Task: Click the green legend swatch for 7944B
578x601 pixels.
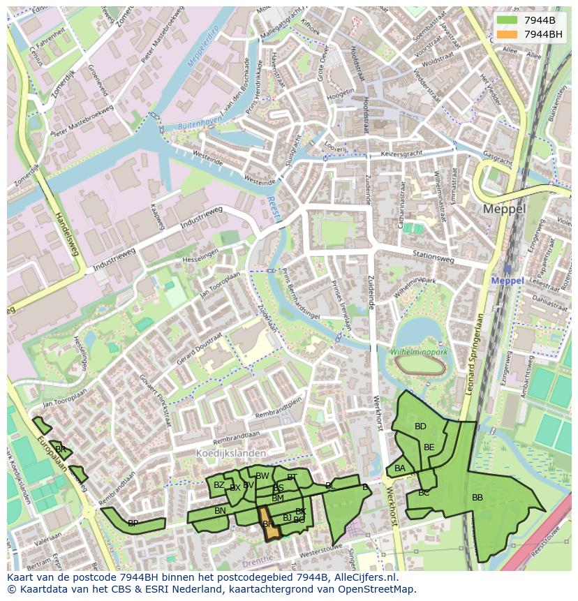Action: (x=507, y=20)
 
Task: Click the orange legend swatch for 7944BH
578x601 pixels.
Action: (x=507, y=34)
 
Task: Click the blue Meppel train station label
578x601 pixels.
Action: (x=507, y=281)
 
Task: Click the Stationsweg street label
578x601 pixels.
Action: (x=433, y=257)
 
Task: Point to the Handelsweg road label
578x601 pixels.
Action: (x=66, y=234)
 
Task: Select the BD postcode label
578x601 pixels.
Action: (x=420, y=426)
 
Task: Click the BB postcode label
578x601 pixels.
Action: (x=477, y=498)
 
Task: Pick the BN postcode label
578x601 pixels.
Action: (x=220, y=511)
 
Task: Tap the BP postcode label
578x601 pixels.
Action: (x=133, y=523)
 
